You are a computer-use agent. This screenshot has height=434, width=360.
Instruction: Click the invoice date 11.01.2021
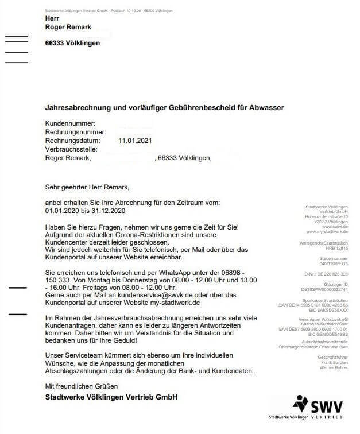coord(136,140)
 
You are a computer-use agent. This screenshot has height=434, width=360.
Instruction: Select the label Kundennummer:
coord(69,123)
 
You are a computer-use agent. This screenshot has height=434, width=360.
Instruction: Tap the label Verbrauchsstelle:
coord(74,149)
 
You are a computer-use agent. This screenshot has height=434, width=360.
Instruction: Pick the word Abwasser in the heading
coord(266,107)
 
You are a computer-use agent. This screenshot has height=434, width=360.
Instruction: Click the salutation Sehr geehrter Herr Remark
coord(87,187)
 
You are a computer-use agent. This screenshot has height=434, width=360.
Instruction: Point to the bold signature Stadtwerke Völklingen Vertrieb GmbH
coord(111,397)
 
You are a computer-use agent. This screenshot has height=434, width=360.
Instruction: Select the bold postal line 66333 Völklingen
coord(72,43)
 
